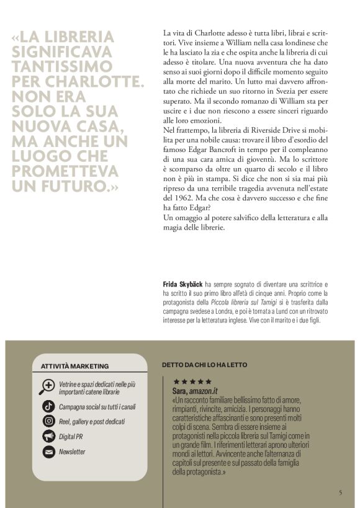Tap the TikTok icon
(x=47, y=407)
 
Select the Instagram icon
(x=47, y=422)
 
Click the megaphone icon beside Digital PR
(x=47, y=437)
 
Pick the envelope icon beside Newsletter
(x=47, y=452)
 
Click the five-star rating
(x=192, y=382)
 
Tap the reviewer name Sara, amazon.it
(x=196, y=390)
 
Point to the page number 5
(x=340, y=492)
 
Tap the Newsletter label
(x=72, y=452)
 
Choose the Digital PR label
(x=71, y=437)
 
